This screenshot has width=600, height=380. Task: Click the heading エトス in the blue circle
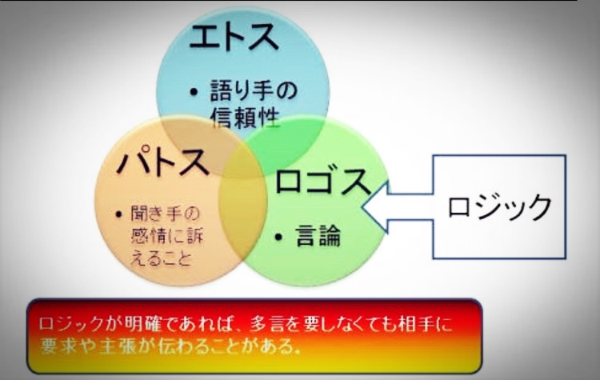tap(234, 37)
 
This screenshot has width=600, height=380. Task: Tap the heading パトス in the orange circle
tap(163, 162)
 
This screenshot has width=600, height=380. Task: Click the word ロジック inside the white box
tap(499, 206)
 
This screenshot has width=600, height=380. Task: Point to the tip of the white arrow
tap(362, 206)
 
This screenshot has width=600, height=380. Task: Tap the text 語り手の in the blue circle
tap(254, 90)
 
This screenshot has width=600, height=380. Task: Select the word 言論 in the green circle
tap(318, 236)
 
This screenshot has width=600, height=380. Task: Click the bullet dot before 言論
tap(278, 238)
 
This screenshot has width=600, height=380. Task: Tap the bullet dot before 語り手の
tap(194, 92)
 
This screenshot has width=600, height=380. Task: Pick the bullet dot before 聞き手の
tap(118, 214)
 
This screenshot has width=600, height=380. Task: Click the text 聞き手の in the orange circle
tap(166, 214)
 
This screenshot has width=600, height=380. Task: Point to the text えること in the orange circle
tap(161, 258)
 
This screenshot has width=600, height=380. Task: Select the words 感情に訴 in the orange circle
tap(167, 236)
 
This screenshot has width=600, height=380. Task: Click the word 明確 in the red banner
tap(142, 324)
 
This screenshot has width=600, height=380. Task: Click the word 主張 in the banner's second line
tap(115, 346)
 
